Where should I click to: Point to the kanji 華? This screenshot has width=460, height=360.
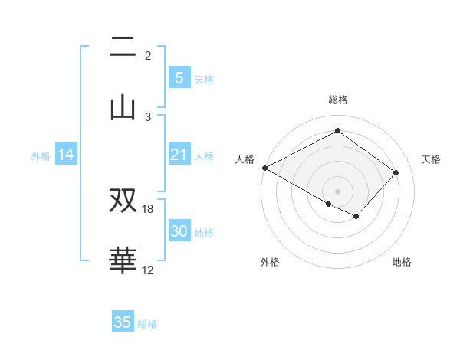[123, 260]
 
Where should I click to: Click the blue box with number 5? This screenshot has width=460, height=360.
[179, 77]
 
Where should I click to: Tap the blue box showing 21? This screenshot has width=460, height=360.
[179, 155]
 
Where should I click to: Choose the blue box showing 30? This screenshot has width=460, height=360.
[179, 231]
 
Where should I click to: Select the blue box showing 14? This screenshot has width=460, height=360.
[66, 155]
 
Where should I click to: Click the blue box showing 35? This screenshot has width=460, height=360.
[123, 322]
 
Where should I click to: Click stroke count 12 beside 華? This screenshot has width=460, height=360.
[148, 270]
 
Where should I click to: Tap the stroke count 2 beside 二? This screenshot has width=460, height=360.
[148, 56]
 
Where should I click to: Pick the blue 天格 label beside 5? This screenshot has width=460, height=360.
[204, 79]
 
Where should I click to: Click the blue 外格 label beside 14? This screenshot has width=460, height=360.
[41, 156]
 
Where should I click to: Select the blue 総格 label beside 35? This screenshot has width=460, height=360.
[147, 324]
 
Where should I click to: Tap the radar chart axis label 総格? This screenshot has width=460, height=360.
[337, 100]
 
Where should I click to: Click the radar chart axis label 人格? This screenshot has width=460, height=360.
[245, 159]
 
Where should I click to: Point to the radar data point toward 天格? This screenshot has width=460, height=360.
[396, 172]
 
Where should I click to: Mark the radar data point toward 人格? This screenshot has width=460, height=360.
[264, 168]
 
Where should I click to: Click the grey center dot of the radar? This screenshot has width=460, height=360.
[337, 191]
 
